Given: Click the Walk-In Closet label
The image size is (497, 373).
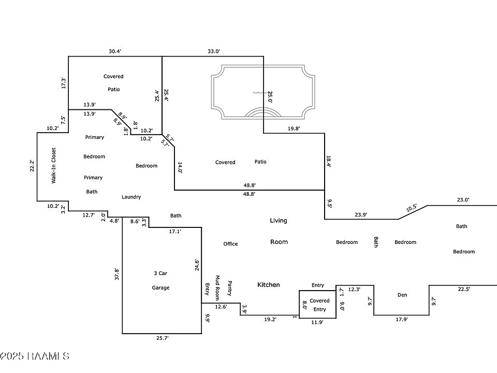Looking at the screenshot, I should tap(53, 166).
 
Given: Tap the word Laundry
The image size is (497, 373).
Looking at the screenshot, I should tap(131, 197).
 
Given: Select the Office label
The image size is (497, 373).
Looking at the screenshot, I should tap(230, 243).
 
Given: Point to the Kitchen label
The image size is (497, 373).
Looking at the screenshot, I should tap(269, 284).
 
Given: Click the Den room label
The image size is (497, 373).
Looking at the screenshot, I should tap(402, 295).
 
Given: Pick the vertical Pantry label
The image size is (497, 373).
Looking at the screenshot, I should tap(229, 289).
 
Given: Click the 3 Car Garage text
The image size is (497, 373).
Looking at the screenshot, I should tap(160, 280).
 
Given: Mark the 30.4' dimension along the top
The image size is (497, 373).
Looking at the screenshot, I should tap(115, 51).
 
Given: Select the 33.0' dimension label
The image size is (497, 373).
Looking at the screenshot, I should tap(213, 51).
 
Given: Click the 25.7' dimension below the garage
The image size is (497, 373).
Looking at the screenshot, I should tap(163, 338).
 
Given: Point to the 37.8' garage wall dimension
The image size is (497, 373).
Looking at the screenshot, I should tap(118, 274).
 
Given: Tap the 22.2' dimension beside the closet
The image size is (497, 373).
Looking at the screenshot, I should tap(32, 166).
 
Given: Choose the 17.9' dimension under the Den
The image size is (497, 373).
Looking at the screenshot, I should tap(401, 320).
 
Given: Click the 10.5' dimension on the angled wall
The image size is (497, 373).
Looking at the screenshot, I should tap(412, 209).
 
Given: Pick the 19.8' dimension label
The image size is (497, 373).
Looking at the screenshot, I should tap(294, 128).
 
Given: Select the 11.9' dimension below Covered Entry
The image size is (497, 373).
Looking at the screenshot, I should tap(317, 322).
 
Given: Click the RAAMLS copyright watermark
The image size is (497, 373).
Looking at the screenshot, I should tap(35, 356).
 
